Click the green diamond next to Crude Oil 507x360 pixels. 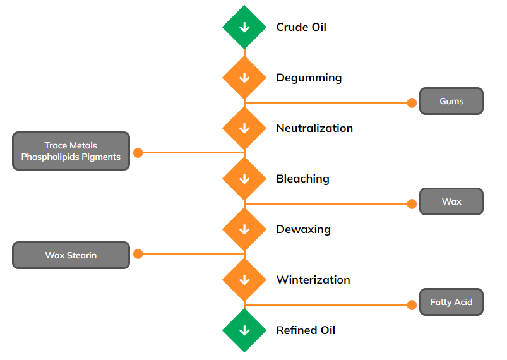point(244,27)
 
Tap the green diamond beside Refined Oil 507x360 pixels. point(244,330)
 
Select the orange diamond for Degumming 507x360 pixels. point(244,78)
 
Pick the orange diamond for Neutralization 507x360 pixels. point(244,128)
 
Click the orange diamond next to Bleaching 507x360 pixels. point(244,179)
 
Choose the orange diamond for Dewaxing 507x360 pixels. point(244,229)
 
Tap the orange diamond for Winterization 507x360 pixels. point(244,280)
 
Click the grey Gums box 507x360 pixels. point(451,101)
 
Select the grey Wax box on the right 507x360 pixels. point(451,202)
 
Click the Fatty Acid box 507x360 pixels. point(451,303)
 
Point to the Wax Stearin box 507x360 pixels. point(71,255)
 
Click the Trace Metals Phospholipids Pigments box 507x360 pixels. point(71,151)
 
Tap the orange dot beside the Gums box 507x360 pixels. point(412,102)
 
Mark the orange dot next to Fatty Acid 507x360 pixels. point(412,305)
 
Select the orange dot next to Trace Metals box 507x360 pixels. point(138,152)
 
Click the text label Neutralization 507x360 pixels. point(314,128)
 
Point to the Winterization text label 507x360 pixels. point(313,280)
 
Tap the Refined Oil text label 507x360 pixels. point(306,330)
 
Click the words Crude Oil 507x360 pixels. point(301,27)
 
